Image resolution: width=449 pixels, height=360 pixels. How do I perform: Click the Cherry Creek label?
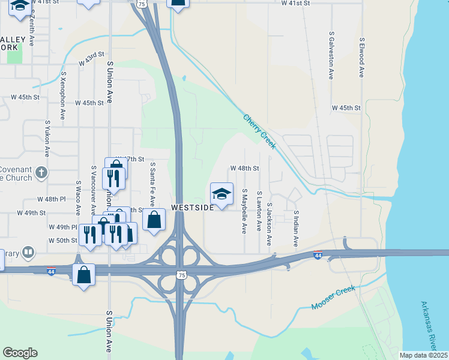tap(259, 127)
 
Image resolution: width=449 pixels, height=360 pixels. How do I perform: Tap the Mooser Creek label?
tap(333, 298)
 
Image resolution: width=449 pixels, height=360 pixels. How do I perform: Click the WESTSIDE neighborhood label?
tap(192, 207)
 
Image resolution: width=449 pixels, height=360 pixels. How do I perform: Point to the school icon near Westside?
tap(221, 193)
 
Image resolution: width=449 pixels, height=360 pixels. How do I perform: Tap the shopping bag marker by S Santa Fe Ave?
tap(154, 220)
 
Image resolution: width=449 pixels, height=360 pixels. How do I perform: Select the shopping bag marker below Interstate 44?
tap(83, 275)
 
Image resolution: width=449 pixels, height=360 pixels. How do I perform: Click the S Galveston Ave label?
tap(331, 56)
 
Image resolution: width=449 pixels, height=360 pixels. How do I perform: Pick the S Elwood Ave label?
tap(361, 57)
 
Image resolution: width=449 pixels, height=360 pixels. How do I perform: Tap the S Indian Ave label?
tap(296, 228)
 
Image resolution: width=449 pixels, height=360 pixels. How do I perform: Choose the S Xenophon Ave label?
tap(63, 95)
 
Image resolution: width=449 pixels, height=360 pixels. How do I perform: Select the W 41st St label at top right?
tap(295, 4)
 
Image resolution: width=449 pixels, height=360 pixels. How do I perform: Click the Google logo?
tap(20, 353)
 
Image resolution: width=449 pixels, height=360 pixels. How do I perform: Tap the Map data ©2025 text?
tap(423, 355)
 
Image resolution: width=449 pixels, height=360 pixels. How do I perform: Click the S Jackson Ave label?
tap(270, 224)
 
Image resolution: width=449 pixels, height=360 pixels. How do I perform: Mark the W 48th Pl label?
tap(50, 199)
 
